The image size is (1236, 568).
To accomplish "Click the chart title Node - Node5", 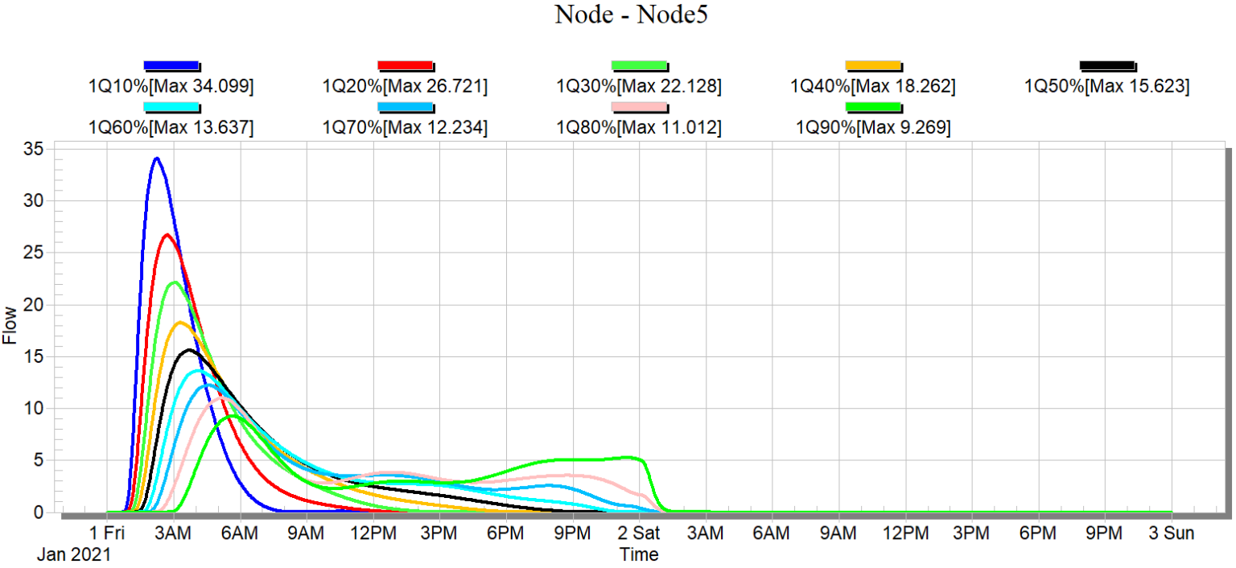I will [631, 14].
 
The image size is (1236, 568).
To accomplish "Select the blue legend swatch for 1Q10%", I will [171, 65].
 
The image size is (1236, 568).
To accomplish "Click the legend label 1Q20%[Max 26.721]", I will [405, 85].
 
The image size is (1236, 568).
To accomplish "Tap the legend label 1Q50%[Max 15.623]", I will [1106, 85].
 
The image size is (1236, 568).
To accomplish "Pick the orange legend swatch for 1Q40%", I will [873, 65].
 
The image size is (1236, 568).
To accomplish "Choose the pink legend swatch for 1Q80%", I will [639, 106].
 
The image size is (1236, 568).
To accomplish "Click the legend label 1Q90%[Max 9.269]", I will [873, 127].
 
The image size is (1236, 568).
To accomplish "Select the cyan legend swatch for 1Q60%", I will [171, 106].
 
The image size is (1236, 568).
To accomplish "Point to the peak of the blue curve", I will [156, 158].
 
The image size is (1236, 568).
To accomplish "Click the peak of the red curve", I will [167, 235].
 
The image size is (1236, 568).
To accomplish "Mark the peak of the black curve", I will [189, 350].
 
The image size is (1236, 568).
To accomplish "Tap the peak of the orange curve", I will [179, 323].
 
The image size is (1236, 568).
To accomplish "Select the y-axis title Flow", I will [10, 330].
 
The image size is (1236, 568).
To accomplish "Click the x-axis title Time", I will [639, 554].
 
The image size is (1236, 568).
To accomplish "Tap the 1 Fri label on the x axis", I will [107, 533].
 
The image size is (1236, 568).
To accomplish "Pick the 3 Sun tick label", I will [1171, 533].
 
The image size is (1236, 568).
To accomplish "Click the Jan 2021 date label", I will [74, 554].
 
